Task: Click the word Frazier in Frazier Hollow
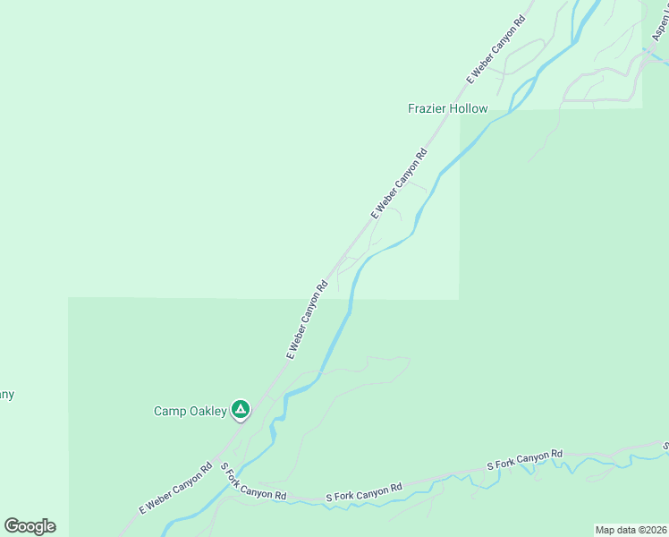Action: point(428,109)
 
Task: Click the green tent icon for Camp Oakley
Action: point(240,410)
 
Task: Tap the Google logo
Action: point(30,526)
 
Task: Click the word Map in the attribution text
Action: point(606,529)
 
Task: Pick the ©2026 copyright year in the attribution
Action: point(651,529)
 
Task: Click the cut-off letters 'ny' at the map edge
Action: point(6,395)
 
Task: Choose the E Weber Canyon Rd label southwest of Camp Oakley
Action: point(175,488)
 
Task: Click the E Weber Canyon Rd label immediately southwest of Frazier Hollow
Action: point(399,183)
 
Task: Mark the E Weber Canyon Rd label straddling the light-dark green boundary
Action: point(307,320)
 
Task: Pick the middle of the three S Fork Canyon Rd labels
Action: point(363,491)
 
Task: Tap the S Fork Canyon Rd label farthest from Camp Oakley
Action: point(524,460)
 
